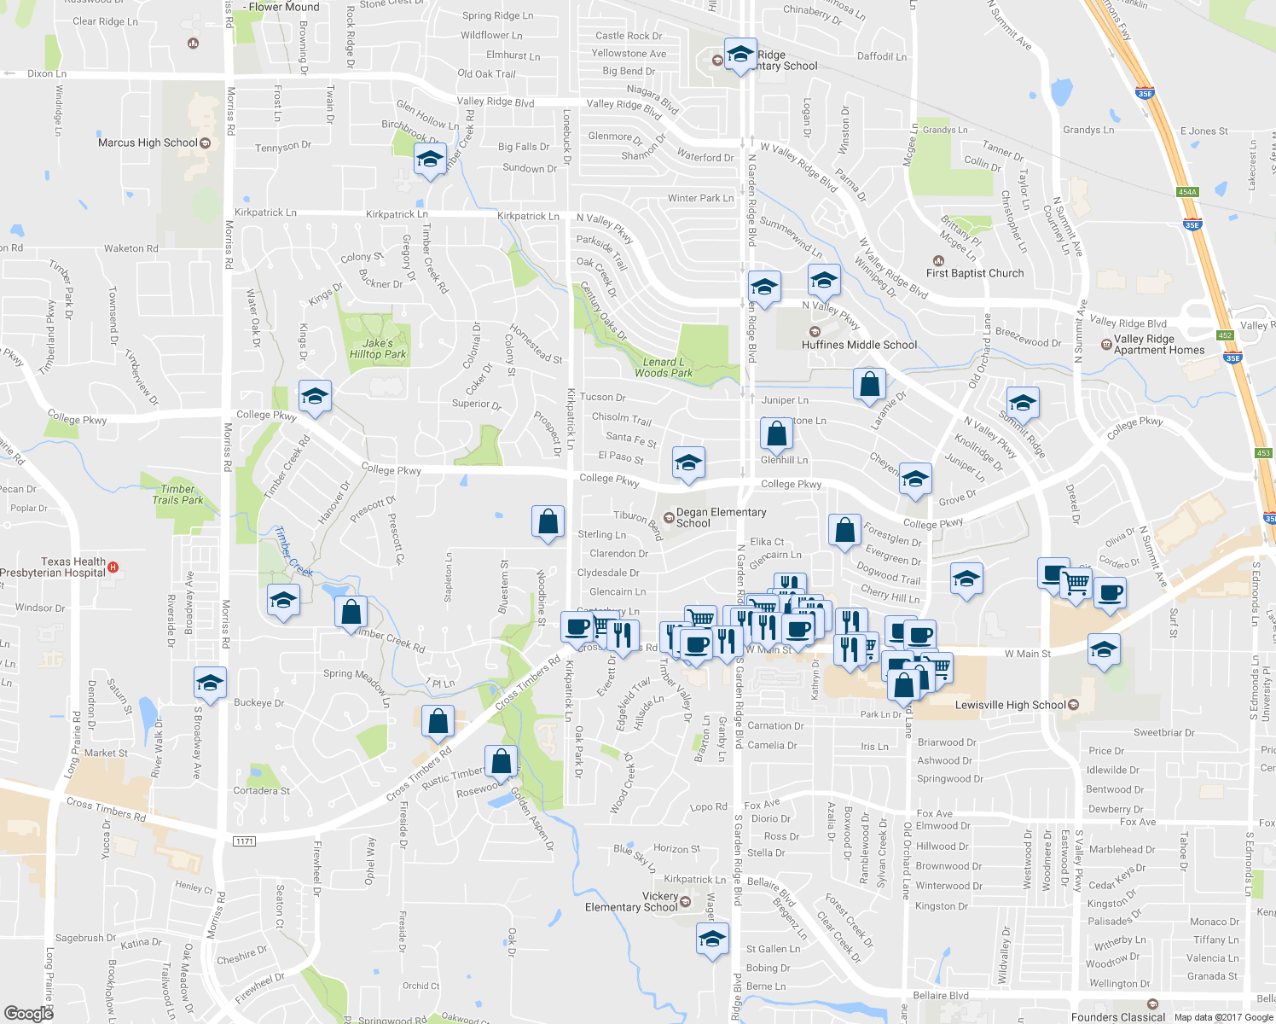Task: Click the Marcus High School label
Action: point(148,143)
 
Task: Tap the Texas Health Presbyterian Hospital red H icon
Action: point(113,567)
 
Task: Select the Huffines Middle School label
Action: point(859,345)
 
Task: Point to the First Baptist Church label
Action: point(975,273)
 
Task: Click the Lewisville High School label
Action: point(1011,705)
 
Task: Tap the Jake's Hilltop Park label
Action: point(378,349)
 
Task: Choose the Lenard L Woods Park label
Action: point(664,368)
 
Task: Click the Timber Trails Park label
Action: point(177,495)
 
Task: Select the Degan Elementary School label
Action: point(721,518)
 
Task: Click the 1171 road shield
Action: point(244,841)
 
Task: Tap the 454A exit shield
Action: point(1187,192)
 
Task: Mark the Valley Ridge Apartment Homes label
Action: point(1159,345)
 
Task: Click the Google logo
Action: point(28,1013)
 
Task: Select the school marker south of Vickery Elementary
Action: point(711,940)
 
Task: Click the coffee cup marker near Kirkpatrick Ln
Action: point(577,627)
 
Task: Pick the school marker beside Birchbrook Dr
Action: point(430,160)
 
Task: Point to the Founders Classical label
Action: point(1117,1017)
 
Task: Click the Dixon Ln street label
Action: point(46,73)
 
